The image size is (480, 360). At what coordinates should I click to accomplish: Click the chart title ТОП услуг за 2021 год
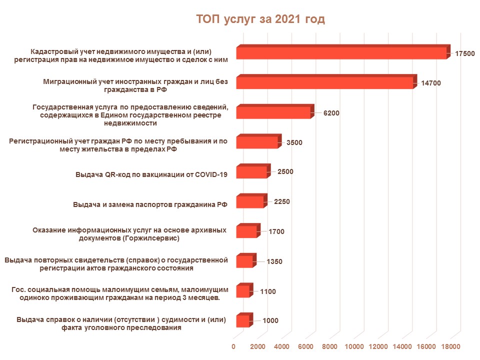260,19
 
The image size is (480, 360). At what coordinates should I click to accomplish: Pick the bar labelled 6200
273,112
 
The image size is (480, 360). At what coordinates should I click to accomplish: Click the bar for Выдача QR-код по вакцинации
251,172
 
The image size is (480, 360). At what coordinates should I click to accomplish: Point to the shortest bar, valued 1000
242,320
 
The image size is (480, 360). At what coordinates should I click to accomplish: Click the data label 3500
294,142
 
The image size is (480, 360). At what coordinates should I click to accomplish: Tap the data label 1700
276,231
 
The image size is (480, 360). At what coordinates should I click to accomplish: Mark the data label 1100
268,291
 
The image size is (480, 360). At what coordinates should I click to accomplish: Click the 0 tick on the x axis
234,346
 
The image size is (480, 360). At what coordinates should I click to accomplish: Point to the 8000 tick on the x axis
330,346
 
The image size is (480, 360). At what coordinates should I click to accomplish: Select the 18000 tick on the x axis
451,346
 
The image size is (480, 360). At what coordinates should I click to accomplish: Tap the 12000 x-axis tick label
378,346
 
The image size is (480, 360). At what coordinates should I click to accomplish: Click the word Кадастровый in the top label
55,51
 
